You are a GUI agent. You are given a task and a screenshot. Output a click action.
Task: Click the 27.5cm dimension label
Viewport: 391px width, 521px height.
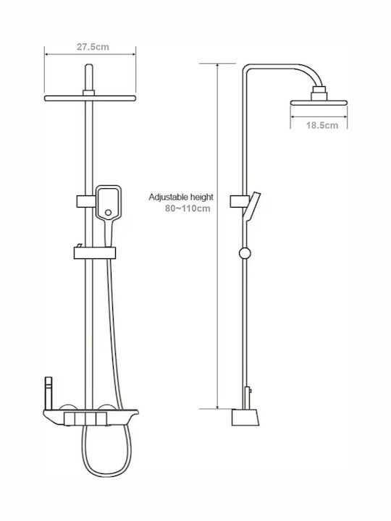[x=93, y=47]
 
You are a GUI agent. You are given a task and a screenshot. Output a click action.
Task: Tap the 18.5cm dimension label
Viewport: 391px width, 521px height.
[x=321, y=125]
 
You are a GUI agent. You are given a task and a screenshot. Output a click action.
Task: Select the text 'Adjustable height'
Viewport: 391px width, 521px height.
[x=181, y=197]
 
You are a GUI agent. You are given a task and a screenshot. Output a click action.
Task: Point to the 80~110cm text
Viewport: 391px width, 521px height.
[x=188, y=208]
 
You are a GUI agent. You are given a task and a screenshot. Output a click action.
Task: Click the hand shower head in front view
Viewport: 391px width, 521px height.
[x=109, y=203]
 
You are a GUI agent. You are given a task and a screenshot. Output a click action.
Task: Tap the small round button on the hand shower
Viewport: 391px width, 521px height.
[x=108, y=212]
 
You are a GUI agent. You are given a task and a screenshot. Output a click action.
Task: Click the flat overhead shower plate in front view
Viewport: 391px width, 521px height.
[x=90, y=98]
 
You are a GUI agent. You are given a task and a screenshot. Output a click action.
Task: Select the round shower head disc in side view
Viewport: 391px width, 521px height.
[x=319, y=103]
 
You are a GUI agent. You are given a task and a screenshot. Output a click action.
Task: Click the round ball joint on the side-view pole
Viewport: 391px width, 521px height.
[x=245, y=253]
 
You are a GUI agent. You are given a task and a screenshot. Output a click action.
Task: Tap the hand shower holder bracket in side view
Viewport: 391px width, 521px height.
[x=240, y=201]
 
